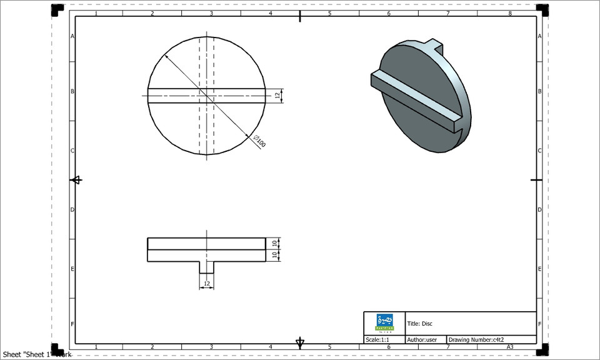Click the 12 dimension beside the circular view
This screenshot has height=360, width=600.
point(277,96)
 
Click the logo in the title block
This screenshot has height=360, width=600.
point(384,322)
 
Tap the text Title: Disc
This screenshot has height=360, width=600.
point(420,324)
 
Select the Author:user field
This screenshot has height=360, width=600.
point(422,340)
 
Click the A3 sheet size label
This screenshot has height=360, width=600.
point(510,347)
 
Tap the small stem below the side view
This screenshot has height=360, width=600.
point(206,267)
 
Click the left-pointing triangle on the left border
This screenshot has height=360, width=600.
point(76,180)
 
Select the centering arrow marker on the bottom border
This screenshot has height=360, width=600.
point(300,342)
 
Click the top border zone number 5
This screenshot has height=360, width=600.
point(329,13)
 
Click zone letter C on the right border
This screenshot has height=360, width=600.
point(540,151)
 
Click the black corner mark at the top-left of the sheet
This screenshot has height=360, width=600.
point(57,9)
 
